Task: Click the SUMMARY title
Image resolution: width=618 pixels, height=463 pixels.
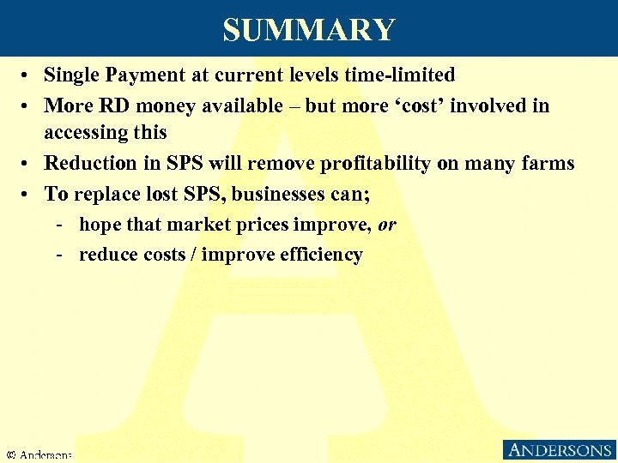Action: (x=309, y=30)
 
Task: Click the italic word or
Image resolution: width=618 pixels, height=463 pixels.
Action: (x=387, y=225)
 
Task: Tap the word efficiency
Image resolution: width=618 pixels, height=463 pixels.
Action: (x=321, y=255)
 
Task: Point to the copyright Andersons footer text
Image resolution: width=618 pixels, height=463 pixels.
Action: (x=39, y=454)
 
